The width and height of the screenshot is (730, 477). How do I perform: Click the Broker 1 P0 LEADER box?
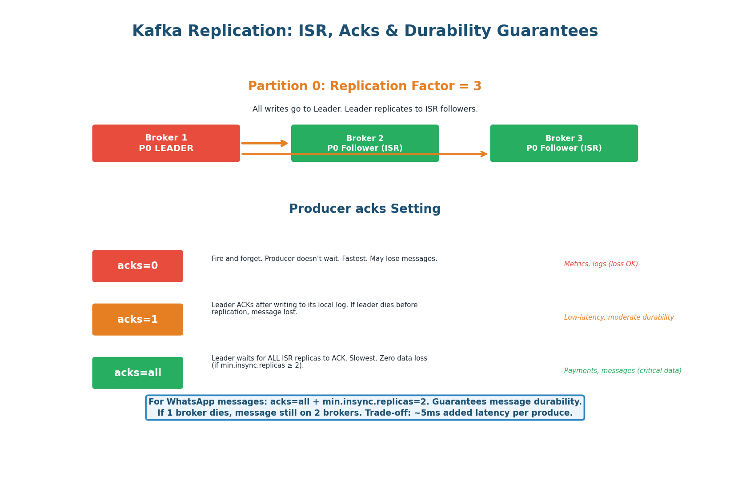tap(166, 143)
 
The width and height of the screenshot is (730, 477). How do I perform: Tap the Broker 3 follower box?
tap(564, 143)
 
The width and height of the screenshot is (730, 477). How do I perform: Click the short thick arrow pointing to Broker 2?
tap(265, 143)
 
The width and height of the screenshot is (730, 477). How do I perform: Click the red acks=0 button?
tap(137, 266)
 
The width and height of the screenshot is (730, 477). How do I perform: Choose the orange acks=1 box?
tap(137, 319)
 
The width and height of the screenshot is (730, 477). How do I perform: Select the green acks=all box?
tap(137, 373)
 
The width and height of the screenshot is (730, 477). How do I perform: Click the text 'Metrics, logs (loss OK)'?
tap(601, 264)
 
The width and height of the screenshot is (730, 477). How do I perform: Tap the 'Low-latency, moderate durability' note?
tap(618, 317)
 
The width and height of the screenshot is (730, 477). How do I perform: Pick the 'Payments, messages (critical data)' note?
tap(622, 371)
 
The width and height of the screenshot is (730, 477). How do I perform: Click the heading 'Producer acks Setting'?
tap(365, 209)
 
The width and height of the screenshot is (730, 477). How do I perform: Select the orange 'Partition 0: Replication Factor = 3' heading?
tap(365, 86)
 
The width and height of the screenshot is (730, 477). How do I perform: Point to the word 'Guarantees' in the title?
tap(547, 31)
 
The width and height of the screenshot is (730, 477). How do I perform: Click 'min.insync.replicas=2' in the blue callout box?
tap(376, 402)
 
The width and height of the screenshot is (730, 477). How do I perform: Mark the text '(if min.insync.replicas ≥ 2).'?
tap(257, 365)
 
